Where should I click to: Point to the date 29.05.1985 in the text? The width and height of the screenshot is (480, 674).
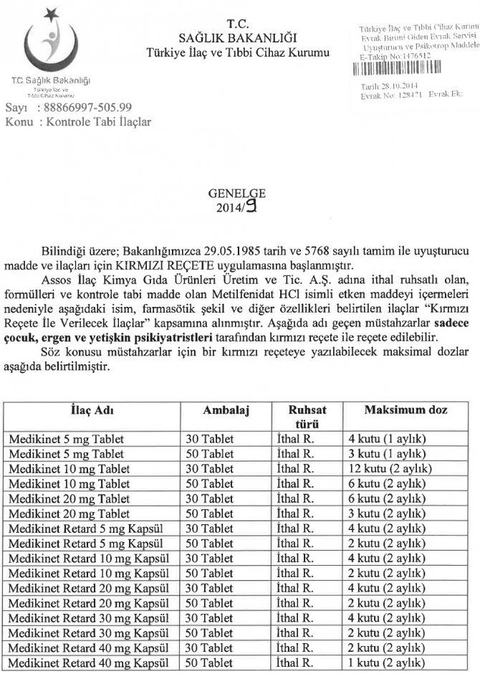[234, 252]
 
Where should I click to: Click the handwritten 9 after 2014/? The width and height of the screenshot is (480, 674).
[252, 207]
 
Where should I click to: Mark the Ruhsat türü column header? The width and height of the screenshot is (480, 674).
[304, 417]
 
